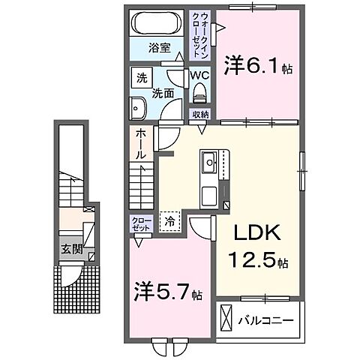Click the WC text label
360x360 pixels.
click(x=199, y=76)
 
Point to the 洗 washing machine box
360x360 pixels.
click(x=140, y=77)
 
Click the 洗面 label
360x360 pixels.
click(x=164, y=94)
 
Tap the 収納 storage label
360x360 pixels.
click(x=199, y=115)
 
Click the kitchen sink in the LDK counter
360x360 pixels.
click(x=208, y=160)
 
